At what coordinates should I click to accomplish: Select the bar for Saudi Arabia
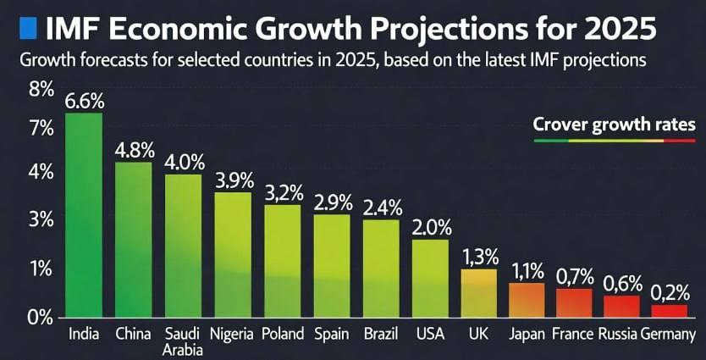click(x=183, y=246)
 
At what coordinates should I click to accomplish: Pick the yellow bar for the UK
click(x=478, y=293)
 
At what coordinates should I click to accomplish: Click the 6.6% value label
click(x=84, y=100)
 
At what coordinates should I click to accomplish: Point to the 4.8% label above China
click(x=135, y=150)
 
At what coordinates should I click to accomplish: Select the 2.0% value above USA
click(x=432, y=227)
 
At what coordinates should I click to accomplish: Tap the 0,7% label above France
click(x=575, y=276)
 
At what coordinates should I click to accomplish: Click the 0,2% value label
click(x=670, y=291)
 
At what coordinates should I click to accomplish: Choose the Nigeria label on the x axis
click(x=232, y=333)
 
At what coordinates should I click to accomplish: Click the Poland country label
click(x=283, y=333)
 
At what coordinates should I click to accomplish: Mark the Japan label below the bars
click(x=527, y=333)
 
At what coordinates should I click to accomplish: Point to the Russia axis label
click(x=622, y=333)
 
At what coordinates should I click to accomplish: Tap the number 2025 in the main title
click(x=615, y=29)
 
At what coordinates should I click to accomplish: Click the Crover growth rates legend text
click(x=614, y=125)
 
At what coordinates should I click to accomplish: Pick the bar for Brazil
click(x=381, y=268)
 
